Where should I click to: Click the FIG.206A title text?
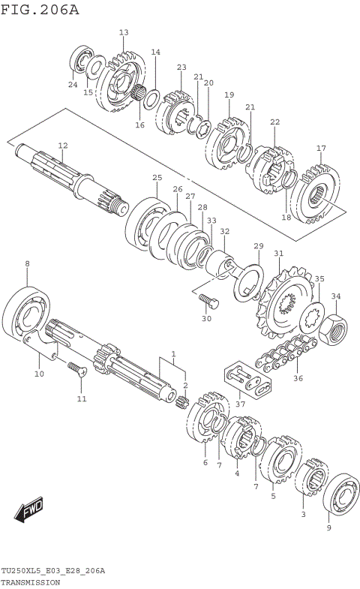39,10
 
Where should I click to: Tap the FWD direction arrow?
29,511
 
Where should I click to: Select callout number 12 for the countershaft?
62,146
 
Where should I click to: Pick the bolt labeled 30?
208,302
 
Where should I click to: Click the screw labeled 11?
76,369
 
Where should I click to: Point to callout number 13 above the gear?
124,32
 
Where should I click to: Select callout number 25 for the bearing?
157,178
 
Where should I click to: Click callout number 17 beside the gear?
320,148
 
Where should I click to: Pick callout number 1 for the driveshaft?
173,354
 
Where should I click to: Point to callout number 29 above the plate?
258,246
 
